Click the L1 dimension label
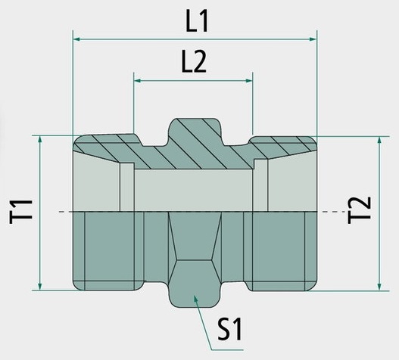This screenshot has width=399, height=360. pos(197,22)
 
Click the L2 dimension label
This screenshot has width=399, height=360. pos(194,63)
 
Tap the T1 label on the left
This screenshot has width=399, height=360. pos(21,212)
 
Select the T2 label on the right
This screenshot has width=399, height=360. pos(359,210)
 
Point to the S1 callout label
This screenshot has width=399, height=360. pos(229,329)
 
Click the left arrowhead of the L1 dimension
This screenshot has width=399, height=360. pos(77,39)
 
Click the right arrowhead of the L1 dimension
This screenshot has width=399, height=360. pos(313,39)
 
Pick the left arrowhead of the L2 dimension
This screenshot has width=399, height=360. pos(138,81)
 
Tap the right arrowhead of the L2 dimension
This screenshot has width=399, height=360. pos(248,81)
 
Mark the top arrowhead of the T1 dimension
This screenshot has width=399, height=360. pos(39,140)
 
